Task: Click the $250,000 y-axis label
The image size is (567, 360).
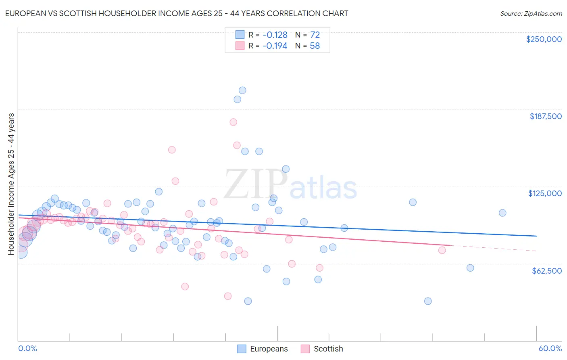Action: click(544, 39)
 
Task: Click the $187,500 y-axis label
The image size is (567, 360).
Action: click(545, 116)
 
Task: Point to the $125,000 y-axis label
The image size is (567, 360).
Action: click(545, 193)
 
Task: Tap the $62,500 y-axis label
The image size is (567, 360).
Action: click(546, 271)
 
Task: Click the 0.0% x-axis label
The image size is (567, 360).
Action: click(27, 348)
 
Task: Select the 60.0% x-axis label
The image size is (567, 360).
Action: click(550, 348)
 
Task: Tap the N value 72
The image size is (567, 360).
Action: click(315, 35)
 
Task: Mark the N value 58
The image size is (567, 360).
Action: click(315, 46)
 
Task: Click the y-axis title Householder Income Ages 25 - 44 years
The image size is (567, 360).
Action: click(11, 184)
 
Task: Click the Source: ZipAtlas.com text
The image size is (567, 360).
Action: click(531, 13)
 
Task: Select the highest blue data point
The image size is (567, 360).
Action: click(242, 90)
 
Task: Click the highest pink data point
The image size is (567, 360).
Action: click(233, 122)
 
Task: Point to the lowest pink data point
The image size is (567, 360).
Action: click(228, 296)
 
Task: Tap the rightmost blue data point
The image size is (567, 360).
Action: click(502, 213)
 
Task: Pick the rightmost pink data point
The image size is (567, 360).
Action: click(442, 250)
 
